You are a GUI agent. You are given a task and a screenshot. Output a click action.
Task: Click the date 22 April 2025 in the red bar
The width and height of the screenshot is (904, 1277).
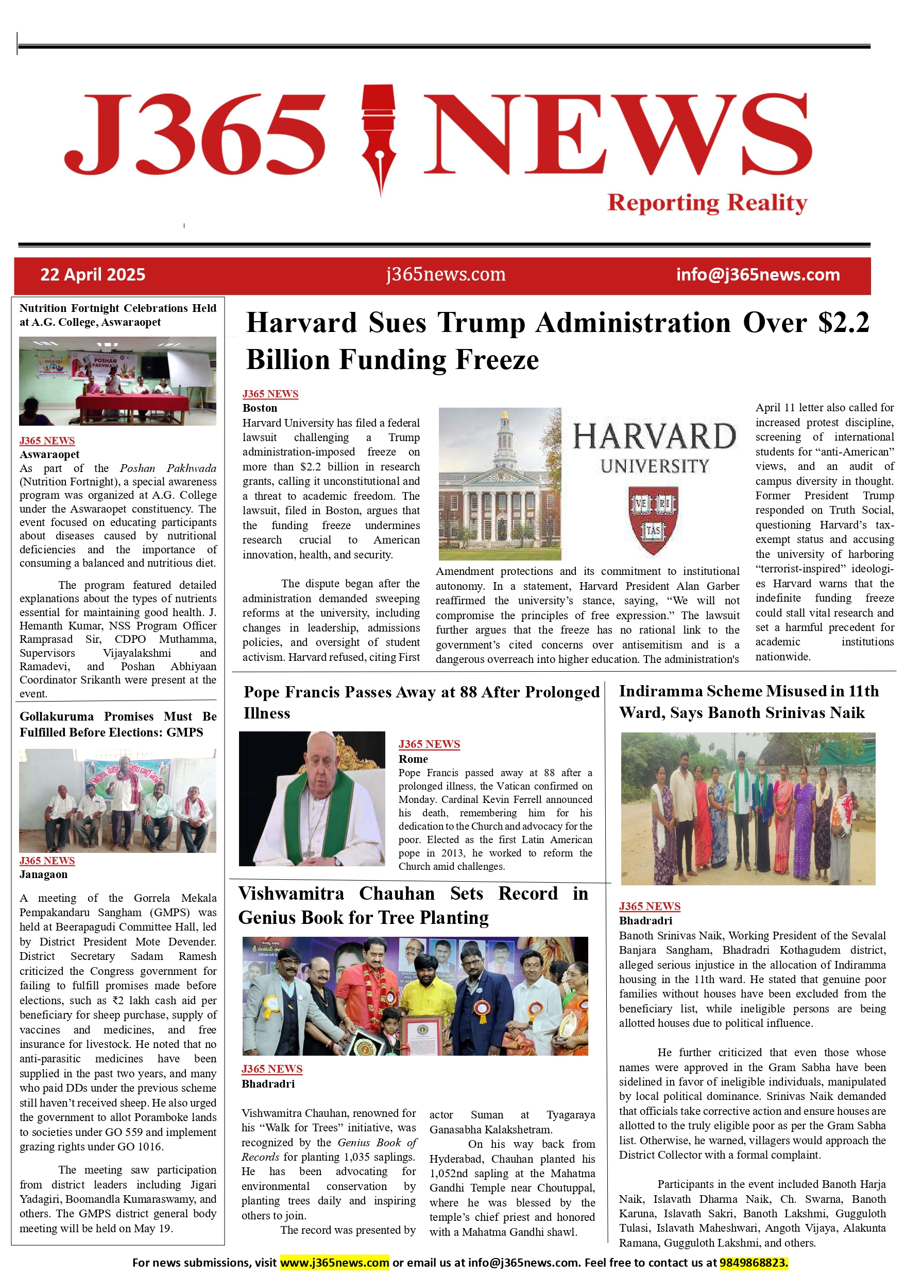click(x=92, y=275)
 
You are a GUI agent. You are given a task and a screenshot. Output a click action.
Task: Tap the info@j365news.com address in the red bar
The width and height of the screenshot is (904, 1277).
click(x=758, y=275)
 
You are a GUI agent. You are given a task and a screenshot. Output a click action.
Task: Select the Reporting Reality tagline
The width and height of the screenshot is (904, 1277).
click(x=707, y=203)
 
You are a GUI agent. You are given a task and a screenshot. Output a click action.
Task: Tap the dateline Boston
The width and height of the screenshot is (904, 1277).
click(x=260, y=408)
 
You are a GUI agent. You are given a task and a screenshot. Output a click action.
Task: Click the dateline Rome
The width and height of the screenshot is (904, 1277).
click(x=413, y=759)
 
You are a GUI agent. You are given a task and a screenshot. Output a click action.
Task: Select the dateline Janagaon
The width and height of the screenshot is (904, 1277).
click(x=43, y=874)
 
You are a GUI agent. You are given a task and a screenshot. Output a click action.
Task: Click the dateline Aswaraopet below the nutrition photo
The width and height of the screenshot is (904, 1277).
click(x=49, y=454)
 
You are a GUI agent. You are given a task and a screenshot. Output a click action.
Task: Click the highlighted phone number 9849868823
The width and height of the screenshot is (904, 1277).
click(x=754, y=1263)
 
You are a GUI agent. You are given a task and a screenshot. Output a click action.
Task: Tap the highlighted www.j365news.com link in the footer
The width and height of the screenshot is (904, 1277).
click(x=334, y=1263)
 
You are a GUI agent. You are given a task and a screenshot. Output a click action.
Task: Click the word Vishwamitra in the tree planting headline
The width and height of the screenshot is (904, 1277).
click(x=291, y=894)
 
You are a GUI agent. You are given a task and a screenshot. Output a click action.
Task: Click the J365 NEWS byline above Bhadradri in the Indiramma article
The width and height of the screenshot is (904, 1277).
click(x=650, y=906)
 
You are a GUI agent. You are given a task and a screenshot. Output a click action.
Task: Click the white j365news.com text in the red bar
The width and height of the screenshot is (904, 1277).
click(x=446, y=275)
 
